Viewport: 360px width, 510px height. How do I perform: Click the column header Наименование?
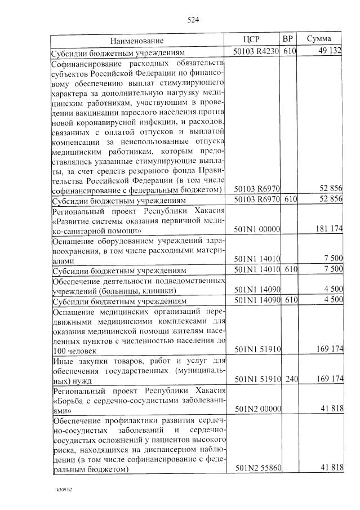click(x=137, y=41)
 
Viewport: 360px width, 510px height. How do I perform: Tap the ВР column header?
click(x=288, y=39)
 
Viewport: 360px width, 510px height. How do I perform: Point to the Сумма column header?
click(x=319, y=39)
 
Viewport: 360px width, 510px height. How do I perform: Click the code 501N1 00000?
click(x=256, y=229)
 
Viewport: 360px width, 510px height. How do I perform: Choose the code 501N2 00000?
click(x=256, y=409)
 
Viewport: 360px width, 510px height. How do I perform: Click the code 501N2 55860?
click(x=256, y=468)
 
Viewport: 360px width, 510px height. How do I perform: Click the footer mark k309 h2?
click(x=60, y=489)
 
